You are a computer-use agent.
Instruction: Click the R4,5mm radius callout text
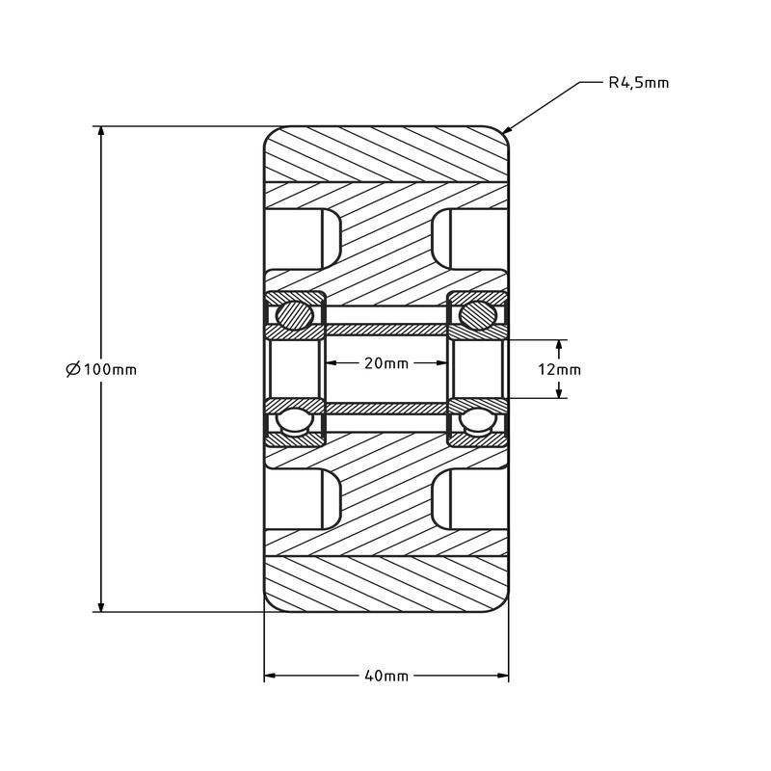coord(638,84)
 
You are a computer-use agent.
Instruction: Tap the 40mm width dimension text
coord(385,676)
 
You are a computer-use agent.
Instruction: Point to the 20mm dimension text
coord(385,363)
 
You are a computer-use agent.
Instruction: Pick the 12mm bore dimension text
coord(559,370)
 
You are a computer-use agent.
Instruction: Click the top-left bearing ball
coord(291,314)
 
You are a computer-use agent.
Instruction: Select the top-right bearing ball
coord(479,314)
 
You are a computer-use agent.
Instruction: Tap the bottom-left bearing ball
coord(291,421)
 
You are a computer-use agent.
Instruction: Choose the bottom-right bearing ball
coord(479,421)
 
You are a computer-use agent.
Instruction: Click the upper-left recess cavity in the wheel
coord(301,238)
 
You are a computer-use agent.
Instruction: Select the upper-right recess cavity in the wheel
coord(469,238)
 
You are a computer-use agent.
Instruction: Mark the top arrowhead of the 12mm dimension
coord(559,345)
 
